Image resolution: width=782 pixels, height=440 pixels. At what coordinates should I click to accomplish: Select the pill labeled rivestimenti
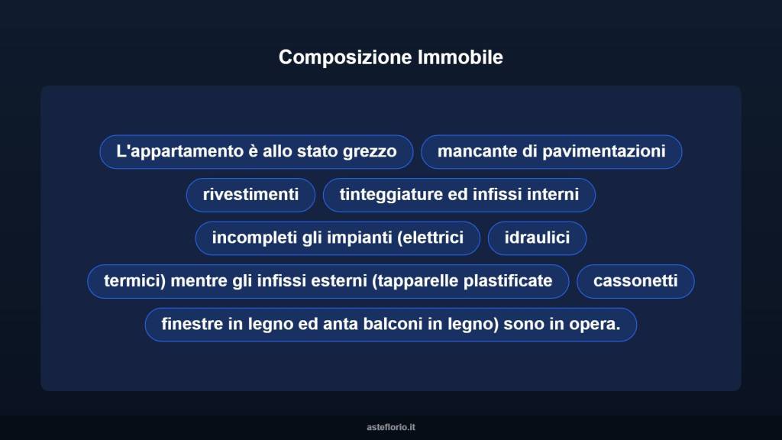[250, 195]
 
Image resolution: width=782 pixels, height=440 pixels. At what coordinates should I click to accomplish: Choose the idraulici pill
[537, 238]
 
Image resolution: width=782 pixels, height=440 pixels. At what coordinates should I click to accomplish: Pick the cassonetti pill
[635, 281]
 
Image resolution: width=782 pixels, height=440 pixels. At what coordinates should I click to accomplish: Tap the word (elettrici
[430, 238]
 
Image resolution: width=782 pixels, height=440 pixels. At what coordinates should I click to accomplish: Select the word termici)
[134, 281]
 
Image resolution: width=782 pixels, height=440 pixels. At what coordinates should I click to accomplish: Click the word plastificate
[508, 281]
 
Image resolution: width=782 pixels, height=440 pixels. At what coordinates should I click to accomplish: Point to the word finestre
[192, 324]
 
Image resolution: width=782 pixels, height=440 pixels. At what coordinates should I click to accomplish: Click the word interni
[554, 195]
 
